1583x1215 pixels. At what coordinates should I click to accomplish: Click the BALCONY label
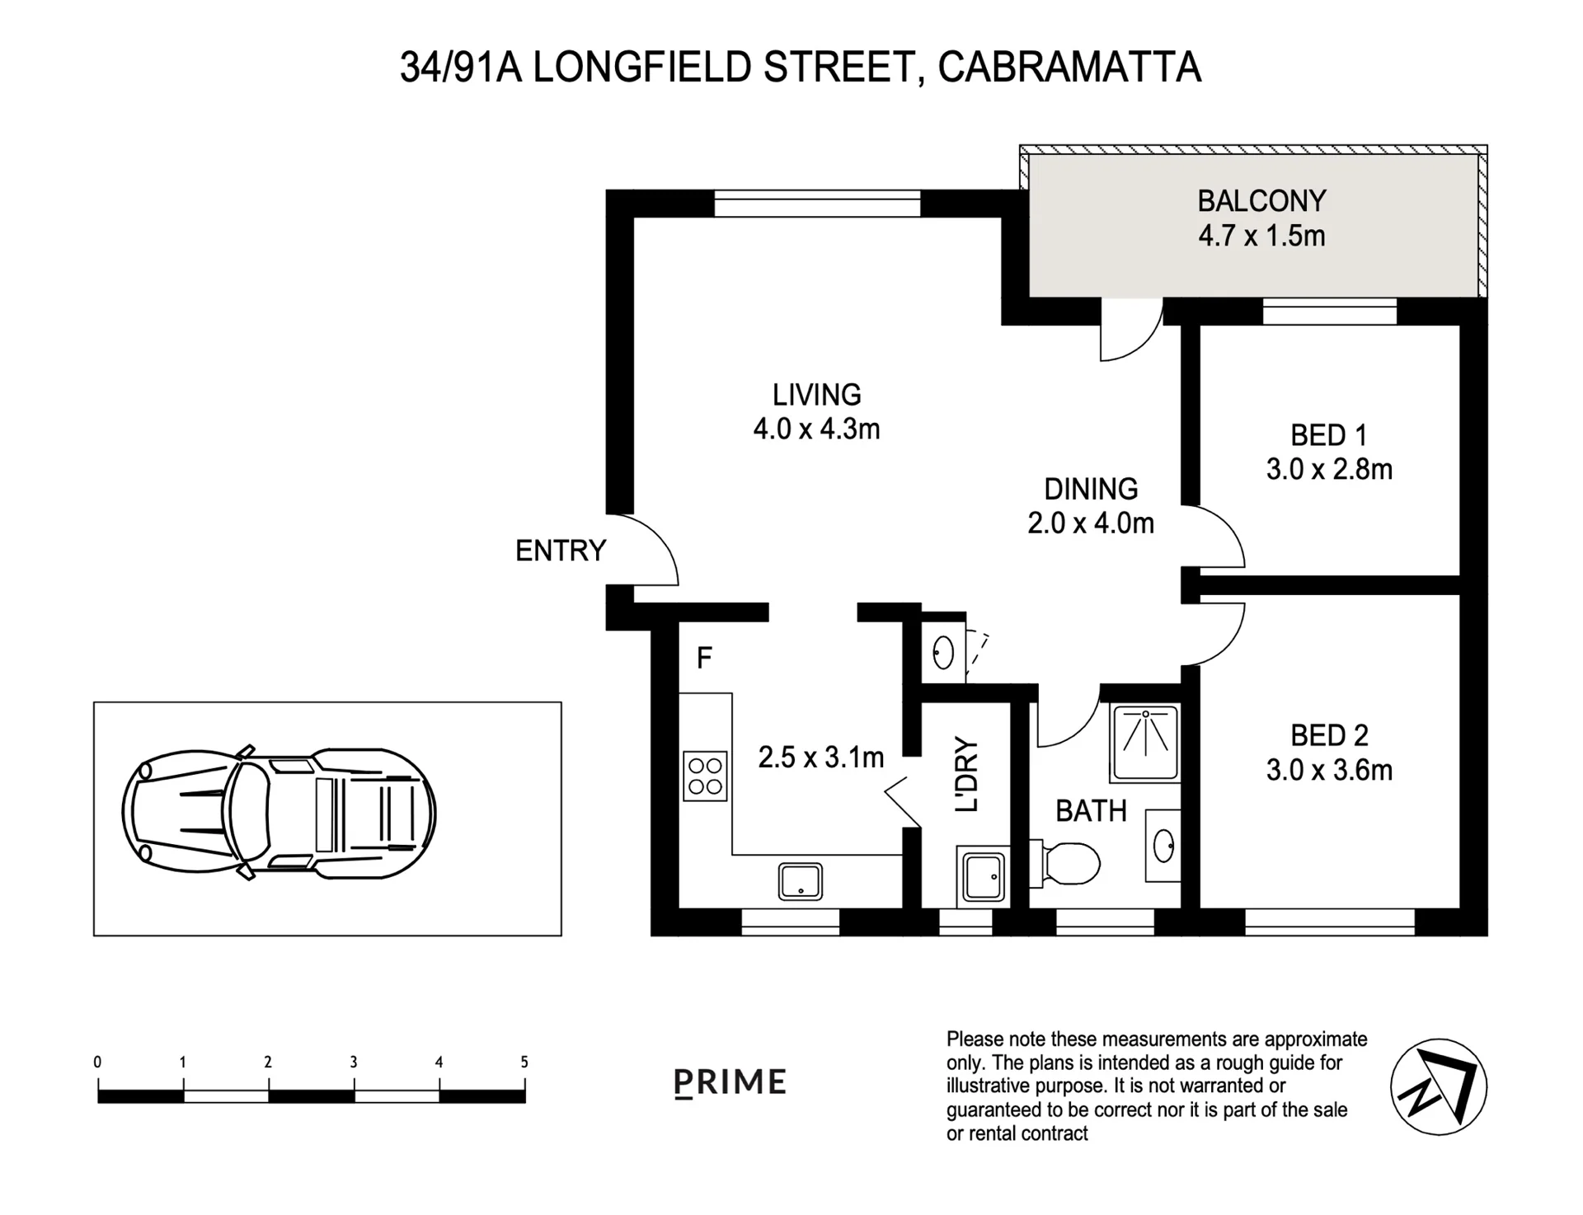click(x=1261, y=201)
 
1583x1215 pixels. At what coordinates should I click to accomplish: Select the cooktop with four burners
click(x=706, y=776)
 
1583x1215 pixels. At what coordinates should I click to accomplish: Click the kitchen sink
click(x=800, y=881)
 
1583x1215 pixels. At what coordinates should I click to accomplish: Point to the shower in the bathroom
click(x=1144, y=743)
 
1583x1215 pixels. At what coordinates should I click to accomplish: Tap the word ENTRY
click(x=561, y=551)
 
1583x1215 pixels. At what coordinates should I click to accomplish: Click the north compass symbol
click(x=1438, y=1086)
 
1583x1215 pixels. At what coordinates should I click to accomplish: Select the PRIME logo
click(x=730, y=1082)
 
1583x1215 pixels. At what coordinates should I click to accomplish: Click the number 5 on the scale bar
click(x=524, y=1063)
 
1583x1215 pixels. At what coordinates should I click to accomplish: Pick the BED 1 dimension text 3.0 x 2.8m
click(x=1329, y=470)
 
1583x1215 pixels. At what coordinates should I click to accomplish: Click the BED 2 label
click(x=1329, y=734)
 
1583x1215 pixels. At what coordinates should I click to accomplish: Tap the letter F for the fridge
click(x=704, y=658)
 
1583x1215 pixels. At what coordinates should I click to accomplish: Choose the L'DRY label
click(x=966, y=774)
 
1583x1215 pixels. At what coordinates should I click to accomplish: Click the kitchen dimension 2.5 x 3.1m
click(x=821, y=757)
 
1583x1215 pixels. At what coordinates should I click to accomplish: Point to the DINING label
click(x=1091, y=489)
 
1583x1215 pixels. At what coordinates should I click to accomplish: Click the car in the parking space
click(x=279, y=814)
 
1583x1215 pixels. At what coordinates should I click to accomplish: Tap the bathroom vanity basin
click(x=1163, y=844)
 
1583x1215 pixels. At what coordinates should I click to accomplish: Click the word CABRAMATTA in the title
click(x=1069, y=68)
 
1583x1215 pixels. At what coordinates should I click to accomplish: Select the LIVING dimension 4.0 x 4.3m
click(x=816, y=429)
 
